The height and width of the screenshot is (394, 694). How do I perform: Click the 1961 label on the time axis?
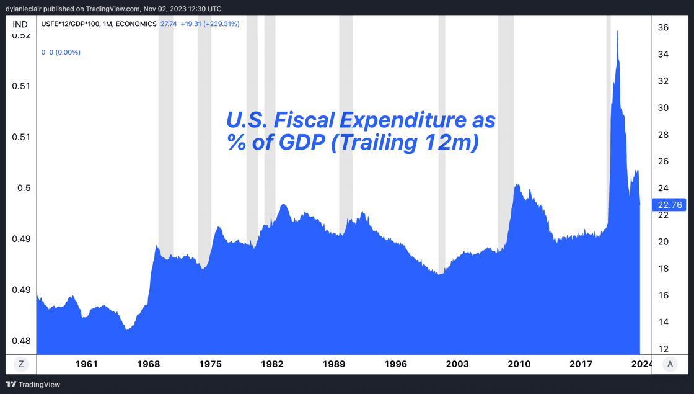87,364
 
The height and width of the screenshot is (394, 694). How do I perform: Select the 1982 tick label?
272,364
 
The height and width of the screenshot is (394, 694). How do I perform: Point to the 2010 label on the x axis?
519,364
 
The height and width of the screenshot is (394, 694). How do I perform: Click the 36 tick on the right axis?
662,28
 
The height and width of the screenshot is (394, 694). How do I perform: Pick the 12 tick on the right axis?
662,349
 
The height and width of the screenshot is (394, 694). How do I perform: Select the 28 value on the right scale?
662,135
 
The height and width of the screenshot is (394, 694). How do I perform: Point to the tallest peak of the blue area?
618,31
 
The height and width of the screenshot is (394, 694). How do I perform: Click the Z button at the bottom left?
21,364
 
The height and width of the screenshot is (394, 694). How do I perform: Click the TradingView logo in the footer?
33,385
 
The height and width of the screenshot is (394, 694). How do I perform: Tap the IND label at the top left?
20,24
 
